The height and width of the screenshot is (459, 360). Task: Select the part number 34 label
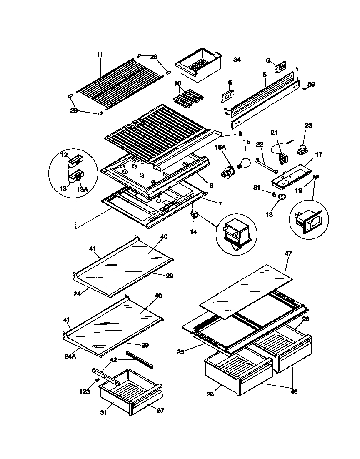pos(237,60)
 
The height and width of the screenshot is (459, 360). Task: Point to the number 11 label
pos(99,54)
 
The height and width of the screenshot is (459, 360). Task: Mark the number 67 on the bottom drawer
pos(160,411)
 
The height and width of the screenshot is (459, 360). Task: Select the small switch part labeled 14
pos(194,216)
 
